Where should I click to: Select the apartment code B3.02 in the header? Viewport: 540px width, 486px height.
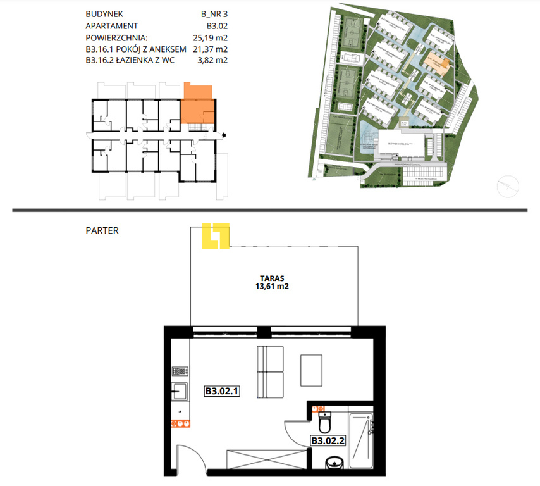(x=217, y=26)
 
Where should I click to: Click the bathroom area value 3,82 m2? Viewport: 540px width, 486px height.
(x=213, y=61)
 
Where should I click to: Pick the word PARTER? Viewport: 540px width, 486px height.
(x=102, y=231)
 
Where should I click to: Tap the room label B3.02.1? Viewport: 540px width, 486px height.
(x=221, y=392)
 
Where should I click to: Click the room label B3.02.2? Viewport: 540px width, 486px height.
(x=328, y=440)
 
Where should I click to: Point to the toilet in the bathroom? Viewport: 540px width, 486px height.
(x=325, y=421)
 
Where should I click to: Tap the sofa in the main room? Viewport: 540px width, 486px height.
(x=271, y=373)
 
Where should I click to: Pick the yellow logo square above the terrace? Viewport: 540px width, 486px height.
(x=215, y=237)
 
